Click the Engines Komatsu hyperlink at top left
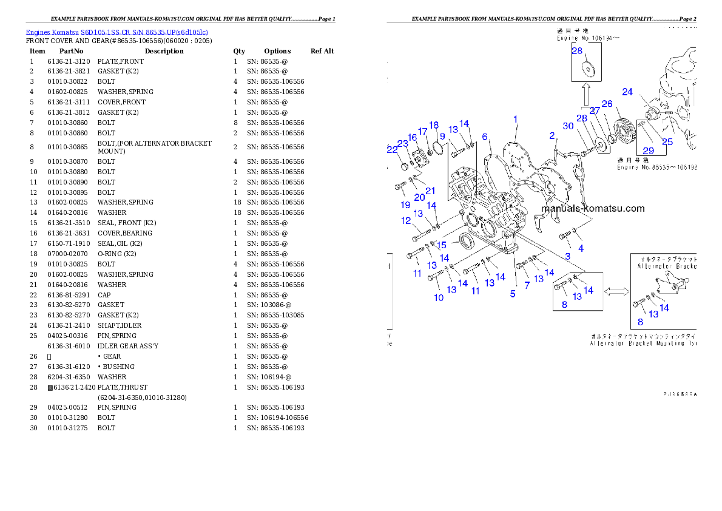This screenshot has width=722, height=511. point(116,32)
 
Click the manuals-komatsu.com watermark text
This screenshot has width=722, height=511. point(593,208)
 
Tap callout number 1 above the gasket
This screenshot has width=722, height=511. point(515,119)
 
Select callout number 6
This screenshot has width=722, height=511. point(485,137)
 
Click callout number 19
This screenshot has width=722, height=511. point(405,205)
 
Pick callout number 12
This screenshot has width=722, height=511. point(406,221)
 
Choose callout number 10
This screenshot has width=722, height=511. point(439,297)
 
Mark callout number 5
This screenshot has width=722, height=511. point(513,294)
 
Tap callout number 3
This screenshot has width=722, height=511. point(567,256)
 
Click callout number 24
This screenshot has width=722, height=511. point(627,92)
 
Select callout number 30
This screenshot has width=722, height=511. point(568,126)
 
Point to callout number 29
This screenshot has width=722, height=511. point(648,150)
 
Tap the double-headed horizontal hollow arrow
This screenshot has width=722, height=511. point(616,292)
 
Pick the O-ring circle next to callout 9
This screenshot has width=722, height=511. point(440,148)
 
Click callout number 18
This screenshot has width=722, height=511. point(434,125)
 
